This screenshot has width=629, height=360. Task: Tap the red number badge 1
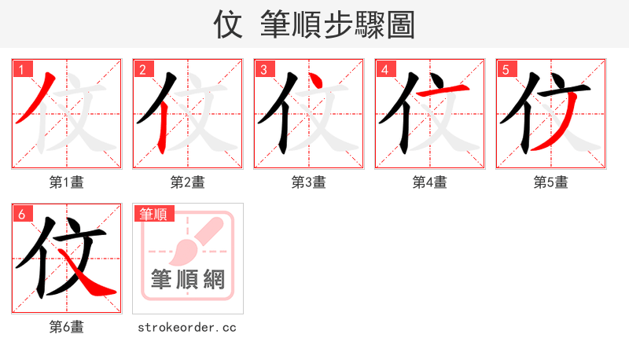tap(21, 69)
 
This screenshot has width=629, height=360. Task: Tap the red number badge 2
tap(142, 69)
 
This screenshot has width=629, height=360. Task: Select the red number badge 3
tap(263, 69)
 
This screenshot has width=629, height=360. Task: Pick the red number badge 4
tap(384, 69)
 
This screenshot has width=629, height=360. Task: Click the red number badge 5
tap(506, 69)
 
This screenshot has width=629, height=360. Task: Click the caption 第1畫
tap(67, 182)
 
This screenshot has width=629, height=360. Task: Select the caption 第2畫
tap(188, 182)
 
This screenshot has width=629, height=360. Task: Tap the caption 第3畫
tap(309, 182)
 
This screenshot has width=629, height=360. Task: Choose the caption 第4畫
tap(430, 182)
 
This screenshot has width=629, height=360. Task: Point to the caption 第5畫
tap(551, 182)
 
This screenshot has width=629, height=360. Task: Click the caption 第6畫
tap(67, 327)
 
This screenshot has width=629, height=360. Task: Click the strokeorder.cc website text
tap(187, 327)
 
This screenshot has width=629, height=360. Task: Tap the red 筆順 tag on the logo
tap(155, 214)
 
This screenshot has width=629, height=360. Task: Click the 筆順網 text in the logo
tap(188, 280)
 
